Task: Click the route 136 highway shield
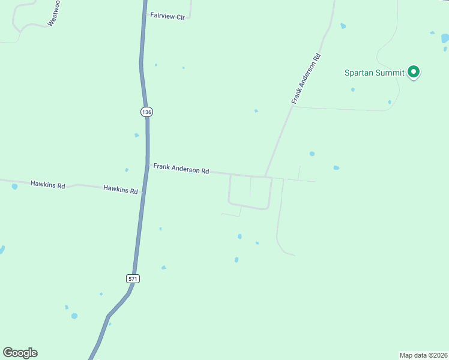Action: tap(147, 112)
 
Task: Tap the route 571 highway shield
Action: tap(133, 278)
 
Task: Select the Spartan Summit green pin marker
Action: tap(413, 72)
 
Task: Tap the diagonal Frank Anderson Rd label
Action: tap(307, 79)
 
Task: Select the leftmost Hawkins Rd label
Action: tap(47, 185)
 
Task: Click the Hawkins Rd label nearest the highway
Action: tap(120, 189)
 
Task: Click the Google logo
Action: tap(20, 353)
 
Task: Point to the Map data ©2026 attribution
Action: tap(423, 355)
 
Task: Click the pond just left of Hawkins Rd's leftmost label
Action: tap(14, 187)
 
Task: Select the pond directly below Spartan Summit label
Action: tap(353, 90)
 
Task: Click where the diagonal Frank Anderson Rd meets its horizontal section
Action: tap(265, 176)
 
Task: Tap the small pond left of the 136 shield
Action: tap(137, 135)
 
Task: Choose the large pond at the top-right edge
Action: tap(445, 38)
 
